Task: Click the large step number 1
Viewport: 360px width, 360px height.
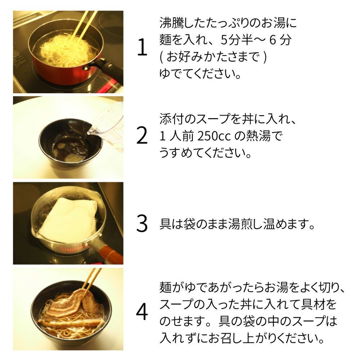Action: click(143, 47)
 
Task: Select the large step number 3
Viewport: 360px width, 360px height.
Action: click(142, 223)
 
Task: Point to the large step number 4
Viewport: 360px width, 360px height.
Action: click(142, 311)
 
